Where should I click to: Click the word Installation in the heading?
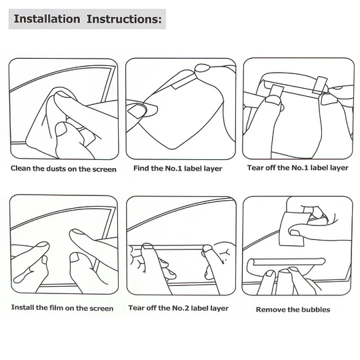coord(47,19)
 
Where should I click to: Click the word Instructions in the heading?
coord(124,19)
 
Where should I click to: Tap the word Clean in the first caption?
coord(21,168)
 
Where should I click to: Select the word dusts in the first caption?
coord(56,169)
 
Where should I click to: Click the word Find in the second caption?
coord(141,168)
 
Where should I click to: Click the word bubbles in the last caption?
coord(316,309)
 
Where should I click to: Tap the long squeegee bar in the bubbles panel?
coord(287,262)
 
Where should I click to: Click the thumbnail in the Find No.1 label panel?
coord(137,111)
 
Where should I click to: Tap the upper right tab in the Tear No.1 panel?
coord(320,85)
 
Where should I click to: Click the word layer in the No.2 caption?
coord(219,308)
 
